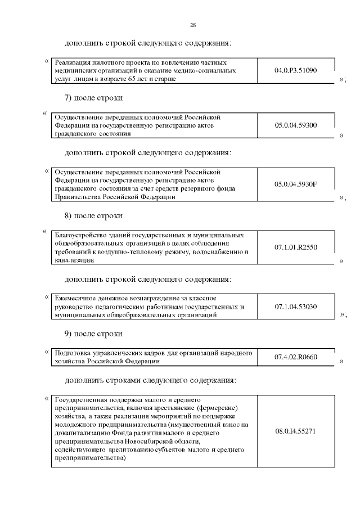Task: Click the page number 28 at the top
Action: (192, 25)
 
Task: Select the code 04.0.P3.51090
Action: (296, 71)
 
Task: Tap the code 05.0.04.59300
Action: (296, 125)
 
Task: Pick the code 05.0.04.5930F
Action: (296, 184)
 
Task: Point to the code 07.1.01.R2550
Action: (296, 247)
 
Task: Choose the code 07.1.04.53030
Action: (296, 307)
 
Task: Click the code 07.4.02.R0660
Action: (296, 357)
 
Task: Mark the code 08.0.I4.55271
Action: (296, 431)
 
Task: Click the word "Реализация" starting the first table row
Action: (71, 63)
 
